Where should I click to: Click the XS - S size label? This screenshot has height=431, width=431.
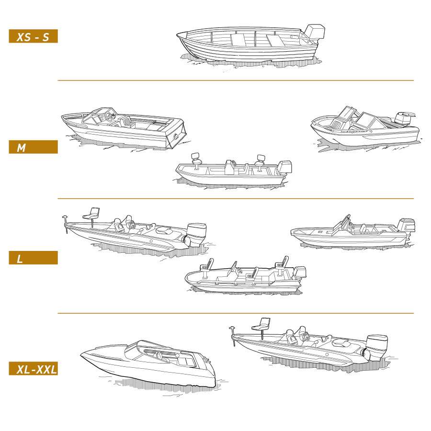click(x=33, y=36)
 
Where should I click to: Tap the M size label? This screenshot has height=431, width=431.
click(x=33, y=147)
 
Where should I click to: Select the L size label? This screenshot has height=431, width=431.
click(x=33, y=258)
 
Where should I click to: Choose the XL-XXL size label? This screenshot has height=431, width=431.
click(x=33, y=369)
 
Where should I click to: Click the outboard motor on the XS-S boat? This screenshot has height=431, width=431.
click(x=314, y=33)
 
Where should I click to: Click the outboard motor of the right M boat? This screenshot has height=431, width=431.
click(x=404, y=118)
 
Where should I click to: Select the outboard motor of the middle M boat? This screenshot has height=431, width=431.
click(x=284, y=168)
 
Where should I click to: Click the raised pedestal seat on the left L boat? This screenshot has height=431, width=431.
click(x=92, y=215)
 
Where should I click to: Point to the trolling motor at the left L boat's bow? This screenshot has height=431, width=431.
click(x=66, y=223)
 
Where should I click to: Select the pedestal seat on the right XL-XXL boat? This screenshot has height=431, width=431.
click(x=261, y=327)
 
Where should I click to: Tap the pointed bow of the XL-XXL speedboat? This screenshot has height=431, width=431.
click(x=81, y=355)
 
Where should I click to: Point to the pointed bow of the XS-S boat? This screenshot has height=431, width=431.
click(x=178, y=34)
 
